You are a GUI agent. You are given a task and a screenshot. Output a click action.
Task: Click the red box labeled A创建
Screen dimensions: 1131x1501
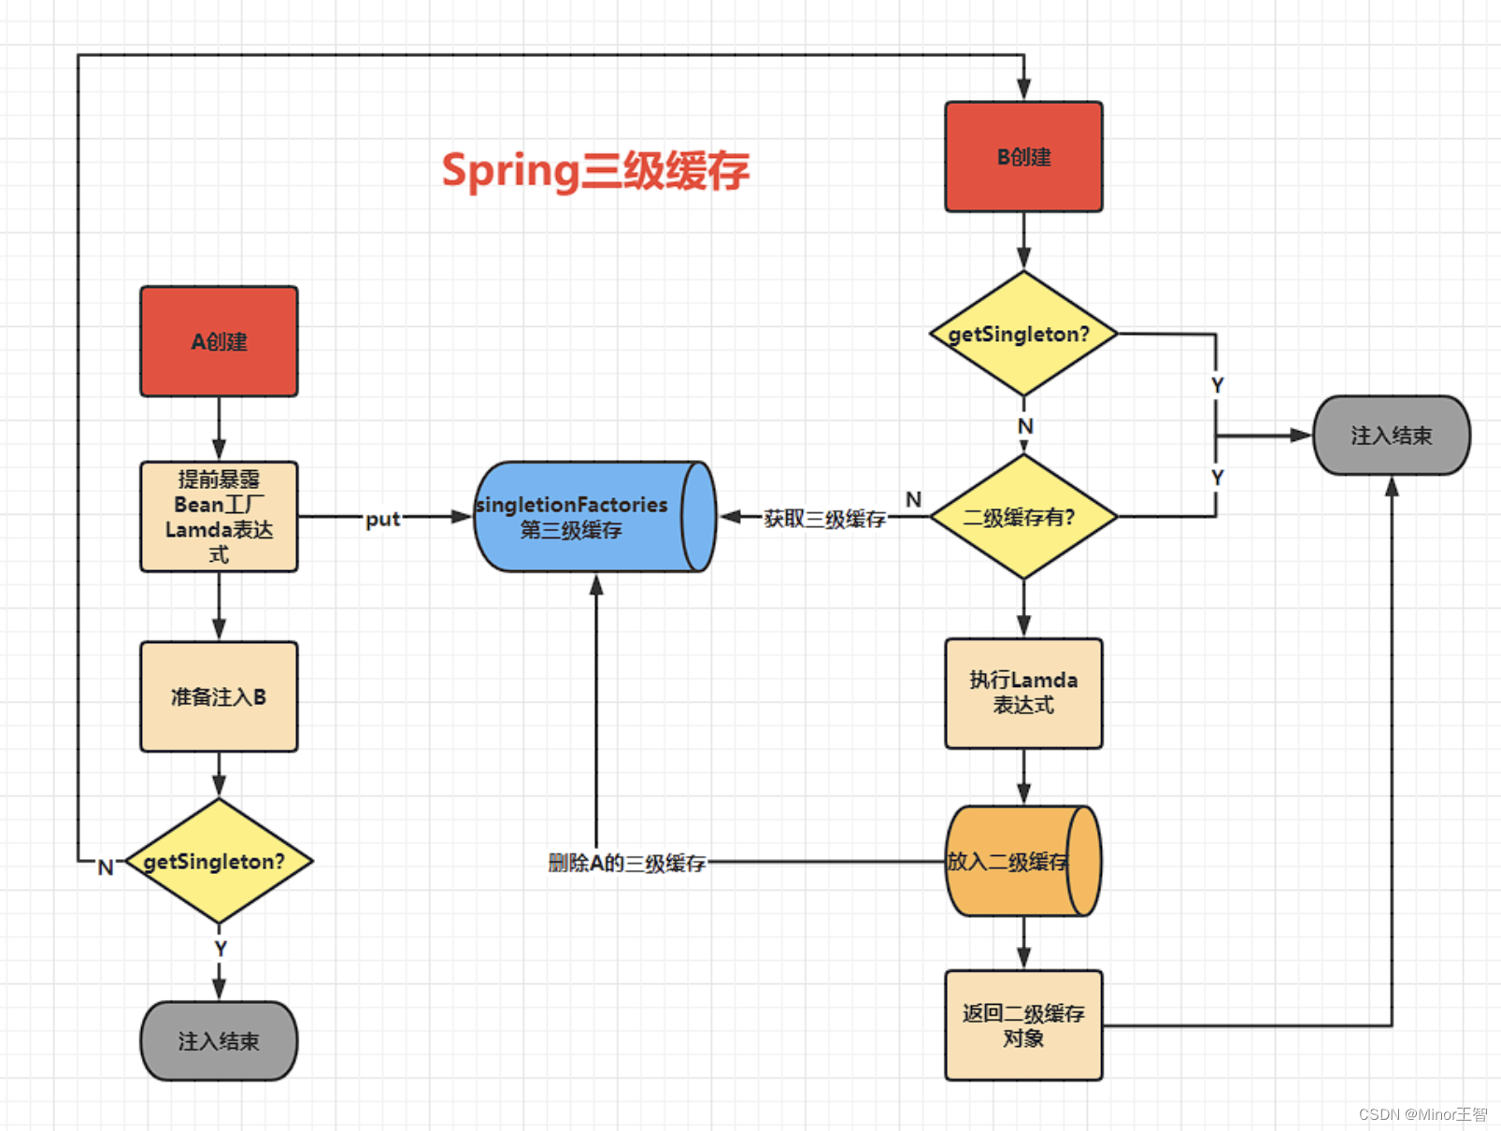(x=219, y=341)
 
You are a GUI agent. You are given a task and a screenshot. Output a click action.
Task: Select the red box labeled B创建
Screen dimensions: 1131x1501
(x=1023, y=157)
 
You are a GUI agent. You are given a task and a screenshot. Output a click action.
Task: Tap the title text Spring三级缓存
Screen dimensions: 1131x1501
(x=595, y=170)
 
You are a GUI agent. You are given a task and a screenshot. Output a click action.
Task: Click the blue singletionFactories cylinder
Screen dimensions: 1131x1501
(x=593, y=516)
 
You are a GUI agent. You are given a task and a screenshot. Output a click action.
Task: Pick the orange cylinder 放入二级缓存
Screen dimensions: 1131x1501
(x=1022, y=861)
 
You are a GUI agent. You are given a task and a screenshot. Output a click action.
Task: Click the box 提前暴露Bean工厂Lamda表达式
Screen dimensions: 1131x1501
(x=219, y=516)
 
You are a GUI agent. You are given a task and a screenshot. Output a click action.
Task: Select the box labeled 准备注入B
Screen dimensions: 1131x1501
(x=219, y=696)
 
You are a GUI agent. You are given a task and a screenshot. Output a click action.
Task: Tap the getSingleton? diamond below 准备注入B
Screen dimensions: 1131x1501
(x=219, y=861)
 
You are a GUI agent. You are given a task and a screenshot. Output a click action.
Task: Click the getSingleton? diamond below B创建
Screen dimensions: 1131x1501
(x=1023, y=334)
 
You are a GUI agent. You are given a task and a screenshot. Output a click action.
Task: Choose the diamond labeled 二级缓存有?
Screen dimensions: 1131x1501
(x=1023, y=517)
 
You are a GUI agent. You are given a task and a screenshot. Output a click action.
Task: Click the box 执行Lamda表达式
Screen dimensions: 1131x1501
(x=1023, y=693)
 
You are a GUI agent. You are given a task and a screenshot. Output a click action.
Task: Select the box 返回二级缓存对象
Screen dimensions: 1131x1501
(x=1023, y=1025)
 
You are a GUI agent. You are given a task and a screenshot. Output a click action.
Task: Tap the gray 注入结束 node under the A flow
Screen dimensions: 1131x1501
(x=219, y=1041)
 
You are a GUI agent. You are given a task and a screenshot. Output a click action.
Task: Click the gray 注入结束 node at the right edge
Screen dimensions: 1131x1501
(x=1391, y=436)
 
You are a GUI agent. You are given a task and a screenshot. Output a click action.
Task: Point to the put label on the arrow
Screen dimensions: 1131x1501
(x=382, y=519)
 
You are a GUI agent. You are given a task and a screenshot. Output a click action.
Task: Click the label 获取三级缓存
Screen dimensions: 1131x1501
(x=824, y=519)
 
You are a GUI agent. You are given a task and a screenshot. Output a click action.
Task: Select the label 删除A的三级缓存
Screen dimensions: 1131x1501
(x=626, y=863)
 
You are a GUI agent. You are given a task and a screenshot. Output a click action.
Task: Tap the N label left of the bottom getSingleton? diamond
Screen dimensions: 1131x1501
(x=106, y=867)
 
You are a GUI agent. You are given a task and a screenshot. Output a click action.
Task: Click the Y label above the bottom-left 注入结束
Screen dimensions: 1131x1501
(x=221, y=949)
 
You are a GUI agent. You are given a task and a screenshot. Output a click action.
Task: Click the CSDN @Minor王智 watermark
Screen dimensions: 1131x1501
(x=1422, y=1114)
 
